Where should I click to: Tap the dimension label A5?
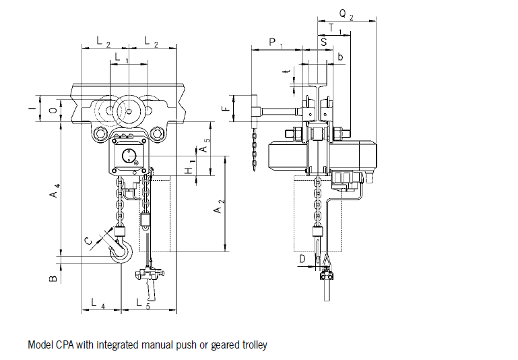[203, 145]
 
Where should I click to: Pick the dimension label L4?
[98, 304]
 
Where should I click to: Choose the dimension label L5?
[143, 304]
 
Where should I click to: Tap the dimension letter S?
[324, 42]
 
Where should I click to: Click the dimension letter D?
[302, 258]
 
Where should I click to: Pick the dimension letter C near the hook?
[88, 241]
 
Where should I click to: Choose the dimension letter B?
[53, 278]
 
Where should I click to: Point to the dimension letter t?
[286, 71]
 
